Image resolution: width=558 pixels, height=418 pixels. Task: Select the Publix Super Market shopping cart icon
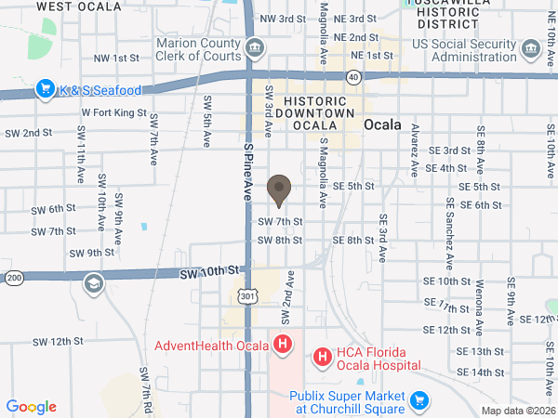tap(419, 400)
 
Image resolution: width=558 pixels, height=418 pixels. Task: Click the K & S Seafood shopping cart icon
tap(44, 90)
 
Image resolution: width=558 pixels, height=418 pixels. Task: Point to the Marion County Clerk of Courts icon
tap(256, 47)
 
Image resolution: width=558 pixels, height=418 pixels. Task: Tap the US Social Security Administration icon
tap(530, 47)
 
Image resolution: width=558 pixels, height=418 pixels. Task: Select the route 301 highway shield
tap(246, 295)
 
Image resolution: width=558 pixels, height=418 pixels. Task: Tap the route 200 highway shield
tap(14, 278)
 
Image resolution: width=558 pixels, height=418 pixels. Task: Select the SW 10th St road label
tap(210, 272)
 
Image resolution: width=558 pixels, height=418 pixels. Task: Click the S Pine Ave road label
tap(247, 167)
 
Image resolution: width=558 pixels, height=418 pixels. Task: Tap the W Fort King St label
tap(113, 113)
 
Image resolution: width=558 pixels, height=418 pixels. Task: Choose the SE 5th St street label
tap(353, 187)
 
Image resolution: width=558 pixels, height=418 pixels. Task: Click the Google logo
tap(31, 407)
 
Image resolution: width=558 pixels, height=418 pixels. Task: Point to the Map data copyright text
tap(518, 411)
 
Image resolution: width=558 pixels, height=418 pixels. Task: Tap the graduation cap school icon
tap(92, 283)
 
